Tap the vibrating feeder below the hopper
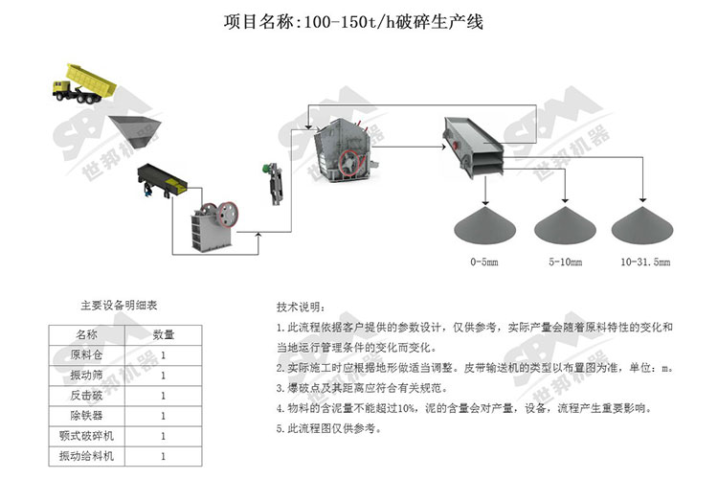162,180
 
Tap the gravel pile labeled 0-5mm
483,226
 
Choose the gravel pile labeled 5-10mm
564,226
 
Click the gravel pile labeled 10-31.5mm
645,226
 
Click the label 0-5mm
483,260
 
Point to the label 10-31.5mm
645,260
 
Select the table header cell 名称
86,334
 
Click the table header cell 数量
164,334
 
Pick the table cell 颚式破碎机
86,437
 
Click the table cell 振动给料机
86,457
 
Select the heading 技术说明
300,308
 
